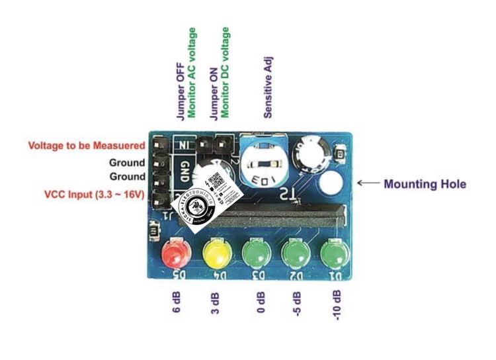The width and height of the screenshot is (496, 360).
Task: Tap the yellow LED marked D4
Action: (x=216, y=254)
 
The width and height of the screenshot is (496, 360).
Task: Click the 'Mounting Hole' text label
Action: (x=425, y=184)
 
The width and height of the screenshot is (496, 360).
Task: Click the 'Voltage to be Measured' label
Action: (x=87, y=146)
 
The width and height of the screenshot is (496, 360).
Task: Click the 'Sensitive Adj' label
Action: (x=268, y=87)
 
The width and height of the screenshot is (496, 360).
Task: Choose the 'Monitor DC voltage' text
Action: (x=226, y=72)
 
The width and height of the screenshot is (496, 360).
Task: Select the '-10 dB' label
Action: (x=337, y=305)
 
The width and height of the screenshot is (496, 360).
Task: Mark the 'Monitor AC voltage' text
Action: (x=192, y=73)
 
